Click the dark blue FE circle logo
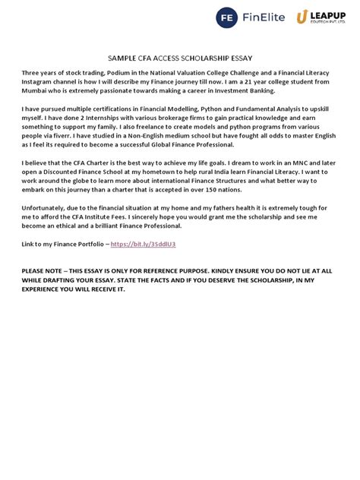226,17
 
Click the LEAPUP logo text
324,14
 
